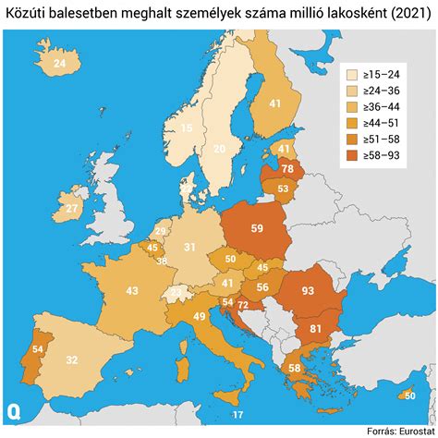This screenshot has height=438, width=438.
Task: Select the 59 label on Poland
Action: pyautogui.click(x=257, y=226)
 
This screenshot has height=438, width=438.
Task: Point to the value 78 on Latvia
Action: pyautogui.click(x=287, y=169)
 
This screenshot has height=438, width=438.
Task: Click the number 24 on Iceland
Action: pyautogui.click(x=60, y=63)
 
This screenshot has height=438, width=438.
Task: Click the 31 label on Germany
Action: pyautogui.click(x=189, y=247)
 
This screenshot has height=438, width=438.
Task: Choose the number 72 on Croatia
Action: pyautogui.click(x=242, y=304)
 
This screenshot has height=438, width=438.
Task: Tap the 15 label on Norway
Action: pyautogui.click(x=186, y=128)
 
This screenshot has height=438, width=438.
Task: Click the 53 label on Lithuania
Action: pyautogui.click(x=283, y=189)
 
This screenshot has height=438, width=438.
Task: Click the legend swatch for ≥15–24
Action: pyautogui.click(x=352, y=75)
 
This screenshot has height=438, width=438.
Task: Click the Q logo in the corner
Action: pyautogui.click(x=15, y=408)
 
